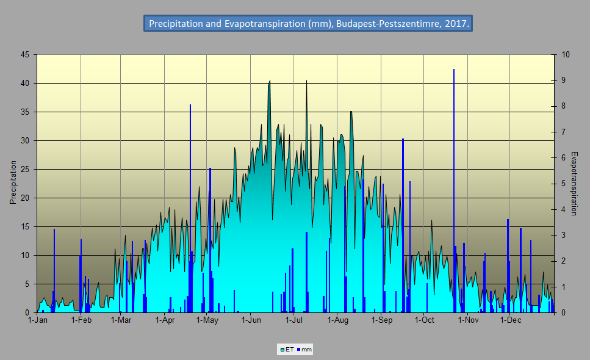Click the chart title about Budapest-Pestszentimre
click(308, 24)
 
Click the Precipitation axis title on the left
click(13, 182)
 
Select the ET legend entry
click(287, 350)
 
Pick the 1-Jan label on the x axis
click(38, 320)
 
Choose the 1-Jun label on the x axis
click(251, 320)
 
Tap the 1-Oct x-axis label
click(424, 320)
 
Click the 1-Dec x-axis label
click(510, 320)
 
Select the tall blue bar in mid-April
click(190, 207)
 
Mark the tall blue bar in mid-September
click(403, 226)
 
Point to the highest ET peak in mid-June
click(270, 81)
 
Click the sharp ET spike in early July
click(306, 82)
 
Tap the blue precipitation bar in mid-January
click(54, 268)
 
